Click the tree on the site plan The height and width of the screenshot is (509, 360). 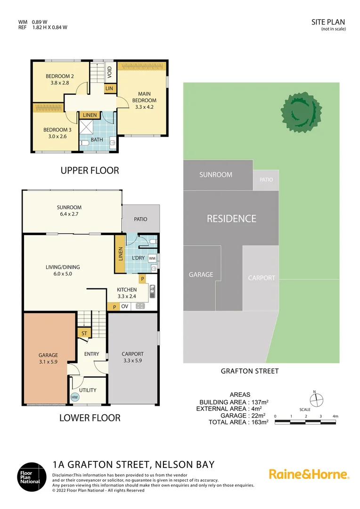pyautogui.click(x=301, y=111)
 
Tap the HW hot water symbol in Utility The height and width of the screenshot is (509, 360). pyautogui.click(x=74, y=397)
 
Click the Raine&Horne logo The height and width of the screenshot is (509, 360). pyautogui.click(x=309, y=474)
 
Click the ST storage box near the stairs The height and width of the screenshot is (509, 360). pyautogui.click(x=84, y=334)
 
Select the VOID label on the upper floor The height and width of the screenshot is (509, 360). pyautogui.click(x=109, y=72)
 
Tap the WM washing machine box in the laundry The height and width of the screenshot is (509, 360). pyautogui.click(x=152, y=258)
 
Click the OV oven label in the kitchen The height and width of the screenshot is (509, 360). pyautogui.click(x=125, y=306)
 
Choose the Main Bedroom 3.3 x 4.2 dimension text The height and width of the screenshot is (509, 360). pyautogui.click(x=144, y=107)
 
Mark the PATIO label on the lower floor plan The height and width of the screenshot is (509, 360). pyautogui.click(x=140, y=219)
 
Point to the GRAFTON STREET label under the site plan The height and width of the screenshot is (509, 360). pyautogui.click(x=250, y=371)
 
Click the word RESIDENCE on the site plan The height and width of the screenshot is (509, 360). pyautogui.click(x=231, y=219)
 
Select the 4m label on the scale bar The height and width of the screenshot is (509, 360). pyautogui.click(x=335, y=416)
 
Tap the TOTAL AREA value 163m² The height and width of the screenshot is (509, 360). pyautogui.click(x=259, y=422)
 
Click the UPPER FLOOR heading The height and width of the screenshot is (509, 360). pyautogui.click(x=90, y=170)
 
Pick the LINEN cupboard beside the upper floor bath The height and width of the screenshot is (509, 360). pyautogui.click(x=90, y=115)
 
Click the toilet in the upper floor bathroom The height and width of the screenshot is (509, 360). pyautogui.click(x=85, y=142)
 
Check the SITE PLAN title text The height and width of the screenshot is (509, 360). pyautogui.click(x=328, y=22)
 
